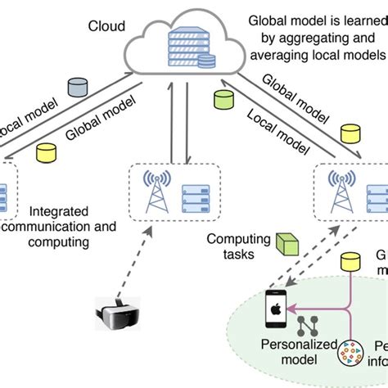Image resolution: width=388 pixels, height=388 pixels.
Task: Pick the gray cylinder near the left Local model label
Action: pyautogui.click(x=79, y=87)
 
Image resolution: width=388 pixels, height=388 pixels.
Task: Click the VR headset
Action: pyautogui.click(x=120, y=314)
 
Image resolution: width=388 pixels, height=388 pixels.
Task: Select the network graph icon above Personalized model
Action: pyautogui.click(x=308, y=325)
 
